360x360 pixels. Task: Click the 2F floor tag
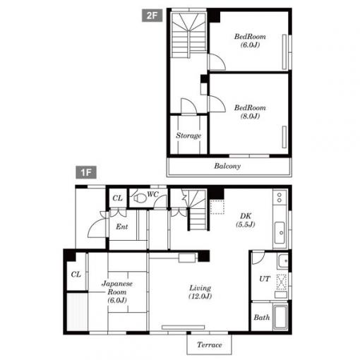coord(152,16)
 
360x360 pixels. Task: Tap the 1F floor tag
coord(86,172)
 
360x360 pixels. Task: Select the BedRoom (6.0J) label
coord(250,40)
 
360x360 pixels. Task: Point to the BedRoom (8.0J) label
coord(250,112)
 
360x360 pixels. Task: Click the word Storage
coord(188,136)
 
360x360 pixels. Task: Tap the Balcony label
coord(227,166)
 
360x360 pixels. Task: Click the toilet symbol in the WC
coord(140,198)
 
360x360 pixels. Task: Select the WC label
coord(152,194)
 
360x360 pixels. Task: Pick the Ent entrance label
coord(122,227)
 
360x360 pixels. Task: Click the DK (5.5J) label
coord(246,220)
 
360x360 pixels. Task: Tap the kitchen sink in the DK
coord(280,233)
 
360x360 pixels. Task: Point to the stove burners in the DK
coord(280,198)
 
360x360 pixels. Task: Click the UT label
coord(265,279)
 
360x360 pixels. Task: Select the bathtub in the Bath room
coord(280,317)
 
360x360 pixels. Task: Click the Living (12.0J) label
coord(200,292)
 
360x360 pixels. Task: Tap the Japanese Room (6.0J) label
coord(117,292)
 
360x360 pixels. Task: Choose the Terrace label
coord(210,345)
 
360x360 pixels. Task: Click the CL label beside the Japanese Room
coord(76,274)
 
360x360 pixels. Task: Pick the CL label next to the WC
coord(117,198)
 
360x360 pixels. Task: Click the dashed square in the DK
coord(217,207)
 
